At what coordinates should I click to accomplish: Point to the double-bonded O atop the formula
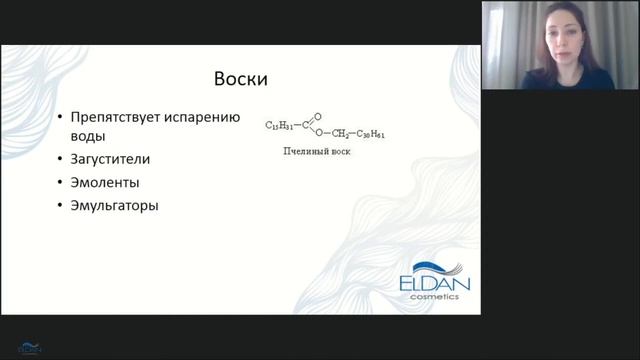click(x=318, y=113)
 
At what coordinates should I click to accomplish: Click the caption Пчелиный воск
click(x=317, y=153)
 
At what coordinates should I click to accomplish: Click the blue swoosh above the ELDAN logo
click(x=441, y=264)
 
